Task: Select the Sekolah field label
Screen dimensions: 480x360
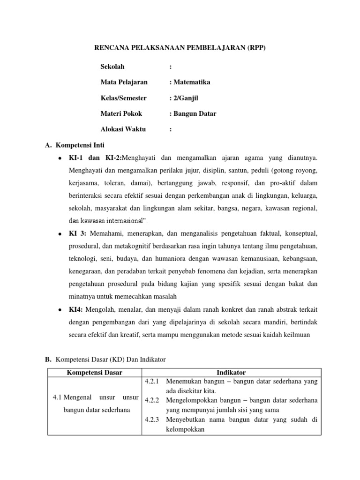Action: click(112, 66)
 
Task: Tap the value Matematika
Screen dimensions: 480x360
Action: click(191, 82)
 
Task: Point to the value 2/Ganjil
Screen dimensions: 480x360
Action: click(188, 98)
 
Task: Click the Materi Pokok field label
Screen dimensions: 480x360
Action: click(121, 114)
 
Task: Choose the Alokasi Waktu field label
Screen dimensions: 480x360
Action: click(123, 130)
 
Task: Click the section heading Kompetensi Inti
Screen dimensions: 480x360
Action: click(83, 146)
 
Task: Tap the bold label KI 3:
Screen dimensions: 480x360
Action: click(78, 233)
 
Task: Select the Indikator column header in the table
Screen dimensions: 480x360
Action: click(231, 373)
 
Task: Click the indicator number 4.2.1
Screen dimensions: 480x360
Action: click(151, 382)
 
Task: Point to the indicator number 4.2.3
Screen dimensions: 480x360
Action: click(151, 420)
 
